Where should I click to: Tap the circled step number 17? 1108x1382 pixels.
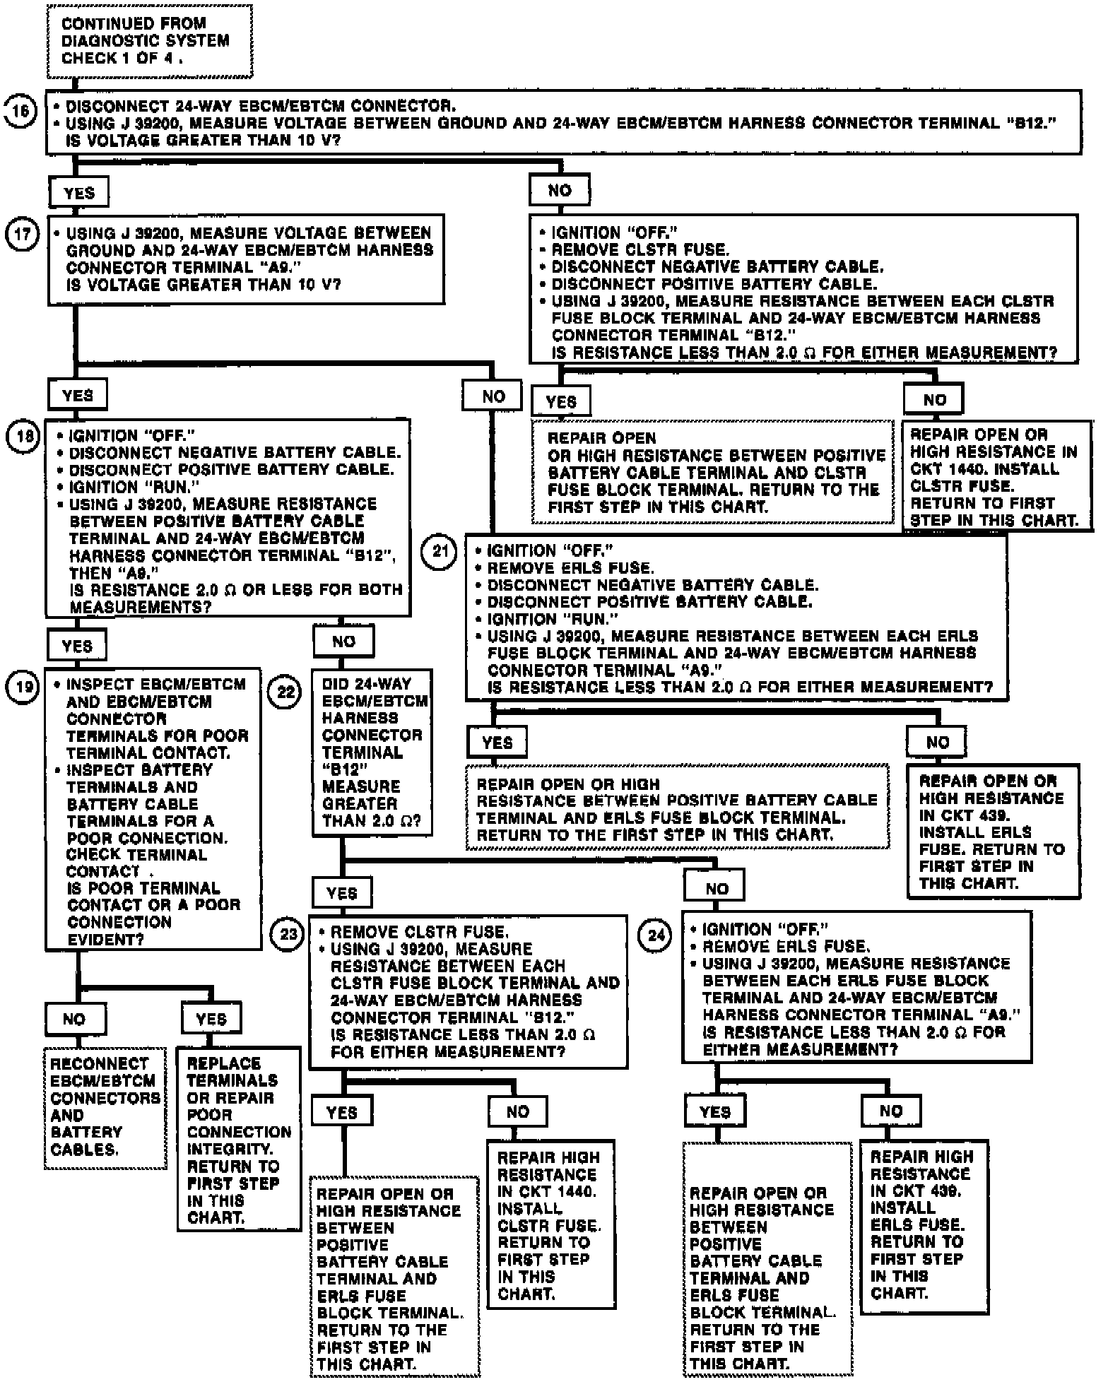(x=21, y=234)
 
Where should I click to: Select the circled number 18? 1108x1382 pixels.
(x=23, y=437)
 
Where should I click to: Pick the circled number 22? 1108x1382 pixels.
(x=285, y=691)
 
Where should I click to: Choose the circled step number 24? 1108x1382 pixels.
(x=656, y=935)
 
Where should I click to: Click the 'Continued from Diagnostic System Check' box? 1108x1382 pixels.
(x=150, y=41)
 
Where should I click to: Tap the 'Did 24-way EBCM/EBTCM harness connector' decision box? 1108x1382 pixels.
(x=372, y=752)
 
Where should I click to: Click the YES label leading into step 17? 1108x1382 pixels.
(x=78, y=193)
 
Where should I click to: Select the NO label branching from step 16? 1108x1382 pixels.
(x=560, y=190)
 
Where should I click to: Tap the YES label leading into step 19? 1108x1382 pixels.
(x=77, y=646)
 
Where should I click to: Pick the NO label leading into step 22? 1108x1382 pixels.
(x=344, y=642)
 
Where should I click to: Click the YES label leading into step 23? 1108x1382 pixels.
(x=342, y=893)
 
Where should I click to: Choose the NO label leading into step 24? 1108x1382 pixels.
(x=717, y=889)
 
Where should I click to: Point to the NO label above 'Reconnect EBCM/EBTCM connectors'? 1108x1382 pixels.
(x=74, y=1019)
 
